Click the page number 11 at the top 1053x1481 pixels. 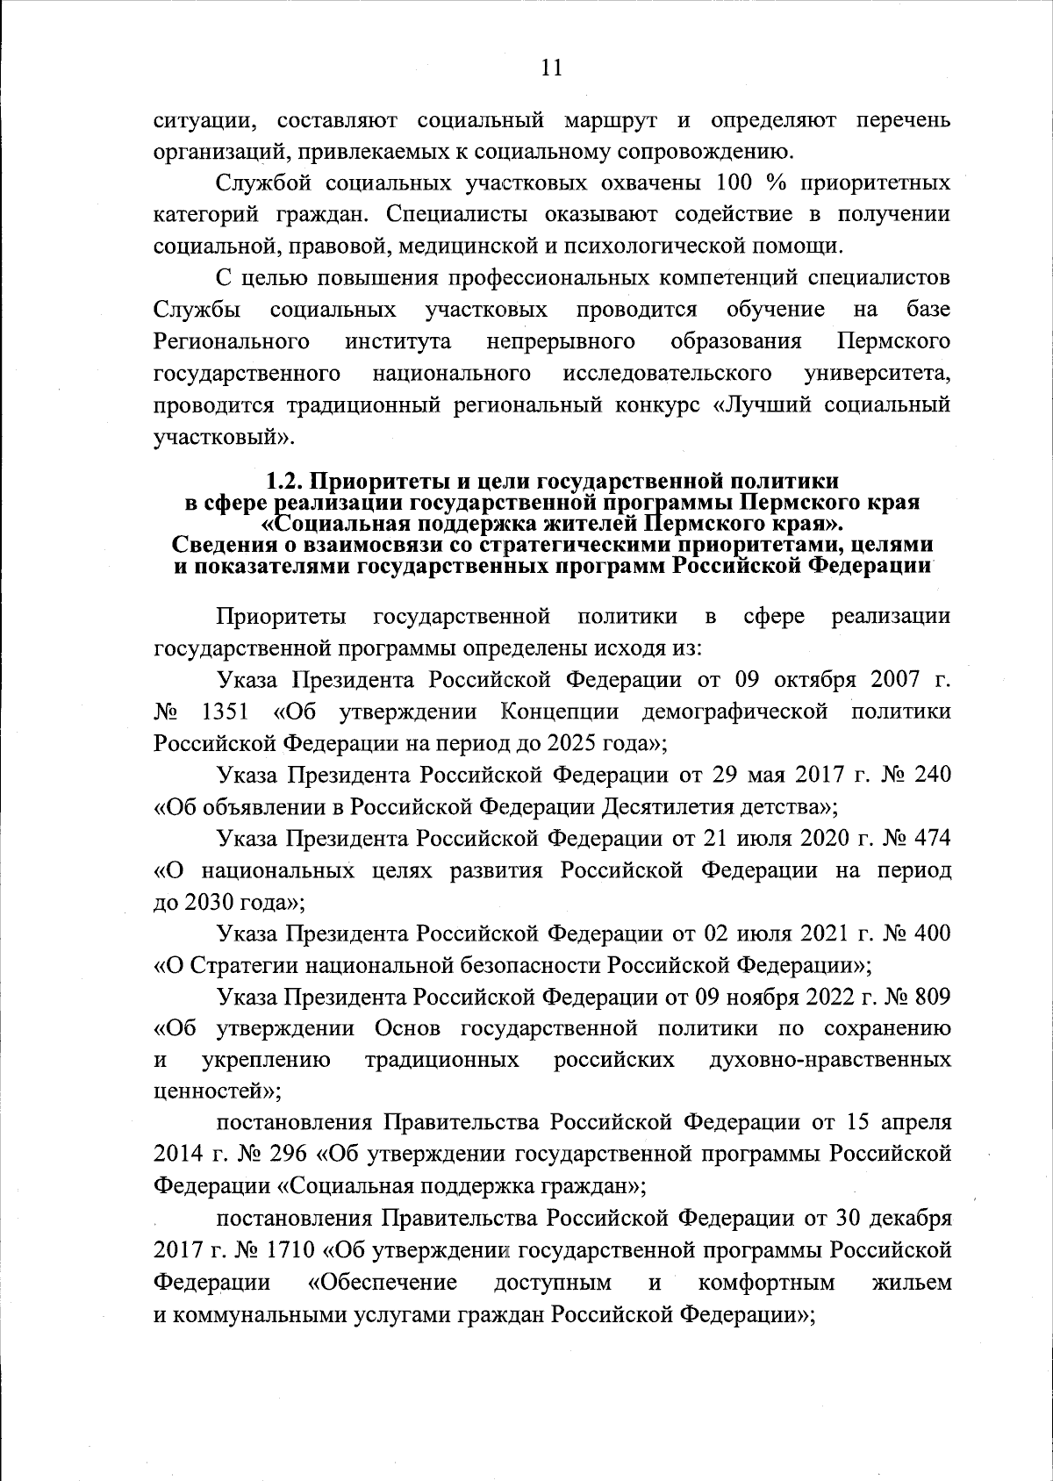pos(551,68)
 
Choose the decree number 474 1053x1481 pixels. pos(932,838)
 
